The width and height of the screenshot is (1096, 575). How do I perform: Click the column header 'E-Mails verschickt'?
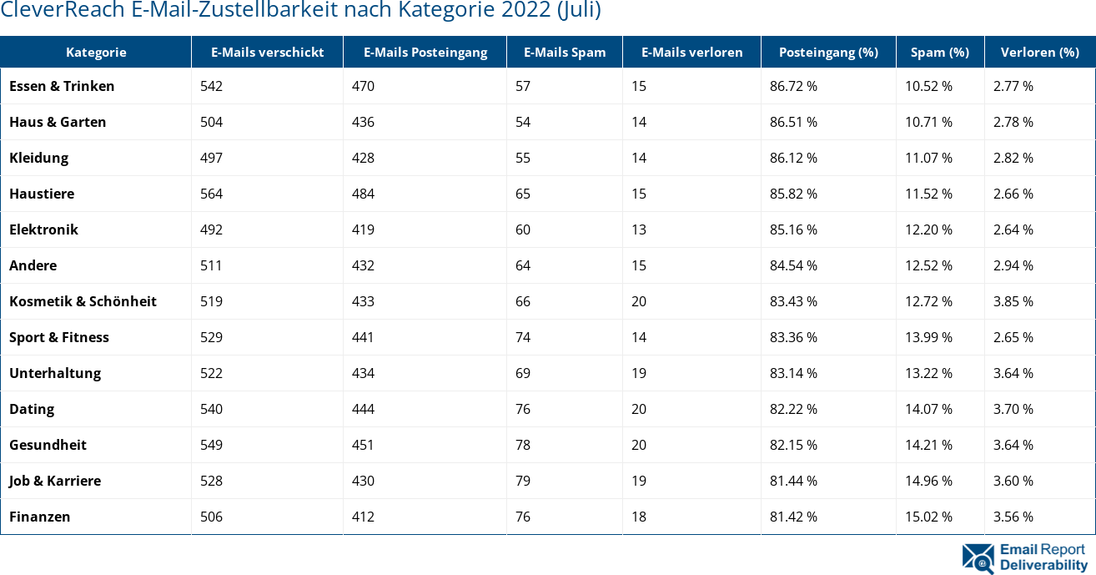tap(267, 52)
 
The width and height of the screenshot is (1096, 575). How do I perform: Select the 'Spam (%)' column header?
tap(939, 52)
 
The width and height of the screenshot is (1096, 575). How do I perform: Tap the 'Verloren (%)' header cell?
tap(1039, 52)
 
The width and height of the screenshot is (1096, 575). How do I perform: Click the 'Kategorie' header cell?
tap(96, 52)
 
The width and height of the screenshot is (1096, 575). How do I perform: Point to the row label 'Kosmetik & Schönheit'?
tap(83, 301)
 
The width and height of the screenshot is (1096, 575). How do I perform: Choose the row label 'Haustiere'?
tap(42, 194)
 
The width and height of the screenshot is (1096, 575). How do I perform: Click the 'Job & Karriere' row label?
tap(55, 481)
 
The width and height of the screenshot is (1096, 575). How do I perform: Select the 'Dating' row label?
tap(32, 409)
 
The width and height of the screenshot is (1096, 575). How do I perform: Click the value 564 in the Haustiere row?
tap(212, 194)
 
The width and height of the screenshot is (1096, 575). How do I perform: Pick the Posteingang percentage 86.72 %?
tap(793, 86)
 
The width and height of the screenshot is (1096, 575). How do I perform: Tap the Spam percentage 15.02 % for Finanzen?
tap(928, 517)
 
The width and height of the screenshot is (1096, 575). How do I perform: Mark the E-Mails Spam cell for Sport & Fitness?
tap(523, 337)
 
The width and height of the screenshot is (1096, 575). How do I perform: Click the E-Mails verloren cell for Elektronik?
tap(638, 229)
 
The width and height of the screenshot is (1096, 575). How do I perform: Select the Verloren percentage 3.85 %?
tap(1013, 301)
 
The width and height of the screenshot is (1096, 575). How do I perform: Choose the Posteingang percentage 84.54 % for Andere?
tap(793, 265)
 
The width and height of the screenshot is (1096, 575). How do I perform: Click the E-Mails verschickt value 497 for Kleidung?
tap(212, 158)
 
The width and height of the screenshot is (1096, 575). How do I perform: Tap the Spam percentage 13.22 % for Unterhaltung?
tap(928, 373)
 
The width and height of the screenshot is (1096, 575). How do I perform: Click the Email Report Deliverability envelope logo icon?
tap(978, 558)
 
